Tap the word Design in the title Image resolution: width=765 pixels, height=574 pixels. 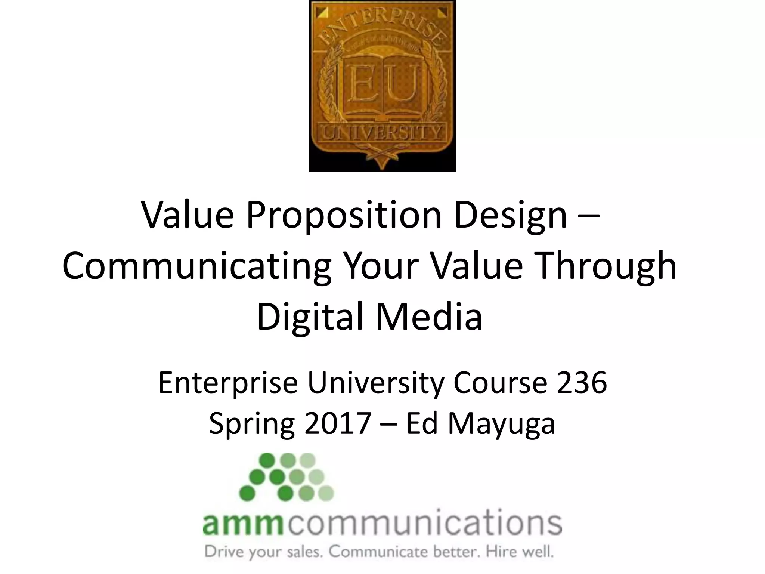coord(511,216)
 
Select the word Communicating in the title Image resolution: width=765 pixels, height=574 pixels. coord(196,266)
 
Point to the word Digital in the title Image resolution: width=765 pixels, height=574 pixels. coord(310,317)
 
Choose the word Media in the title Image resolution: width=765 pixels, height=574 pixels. coord(429,317)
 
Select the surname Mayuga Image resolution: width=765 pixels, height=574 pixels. coord(501,424)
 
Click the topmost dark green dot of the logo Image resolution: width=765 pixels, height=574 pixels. coord(266,460)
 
